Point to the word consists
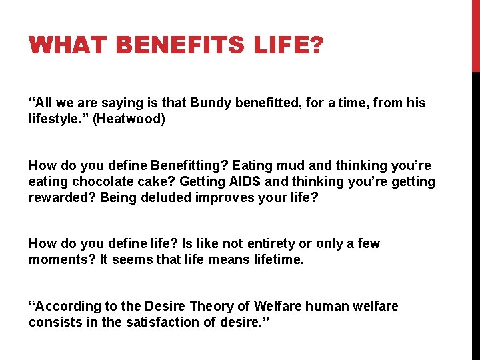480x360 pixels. pyautogui.click(x=53, y=323)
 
